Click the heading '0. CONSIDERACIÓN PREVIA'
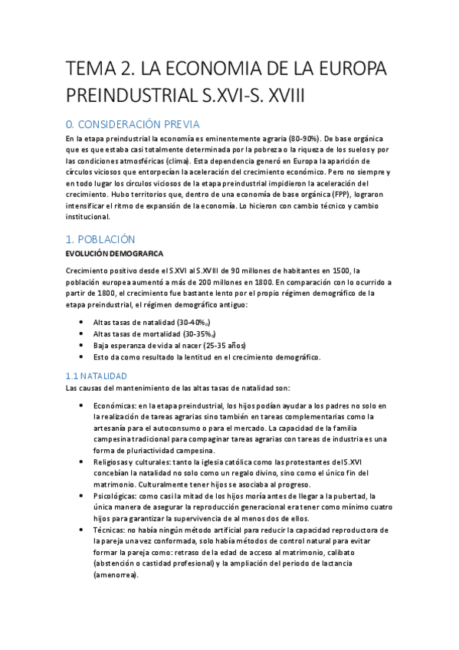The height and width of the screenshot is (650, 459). click(x=133, y=124)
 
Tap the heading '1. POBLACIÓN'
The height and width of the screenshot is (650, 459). click(x=100, y=239)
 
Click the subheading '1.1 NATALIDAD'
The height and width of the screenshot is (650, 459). click(x=96, y=376)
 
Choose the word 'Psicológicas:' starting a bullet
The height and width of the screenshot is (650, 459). click(x=117, y=496)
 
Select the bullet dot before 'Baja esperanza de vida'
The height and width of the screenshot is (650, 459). click(x=82, y=346)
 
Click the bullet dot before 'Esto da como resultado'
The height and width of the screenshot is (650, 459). click(x=82, y=357)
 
